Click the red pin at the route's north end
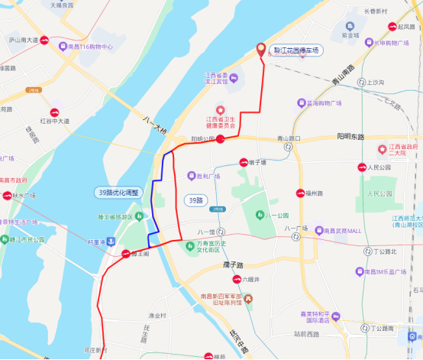tap(261, 50)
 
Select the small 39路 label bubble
tap(196, 200)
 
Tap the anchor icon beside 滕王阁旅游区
tap(112, 241)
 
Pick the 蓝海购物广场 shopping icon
tap(301, 102)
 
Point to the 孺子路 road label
tap(229, 264)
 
